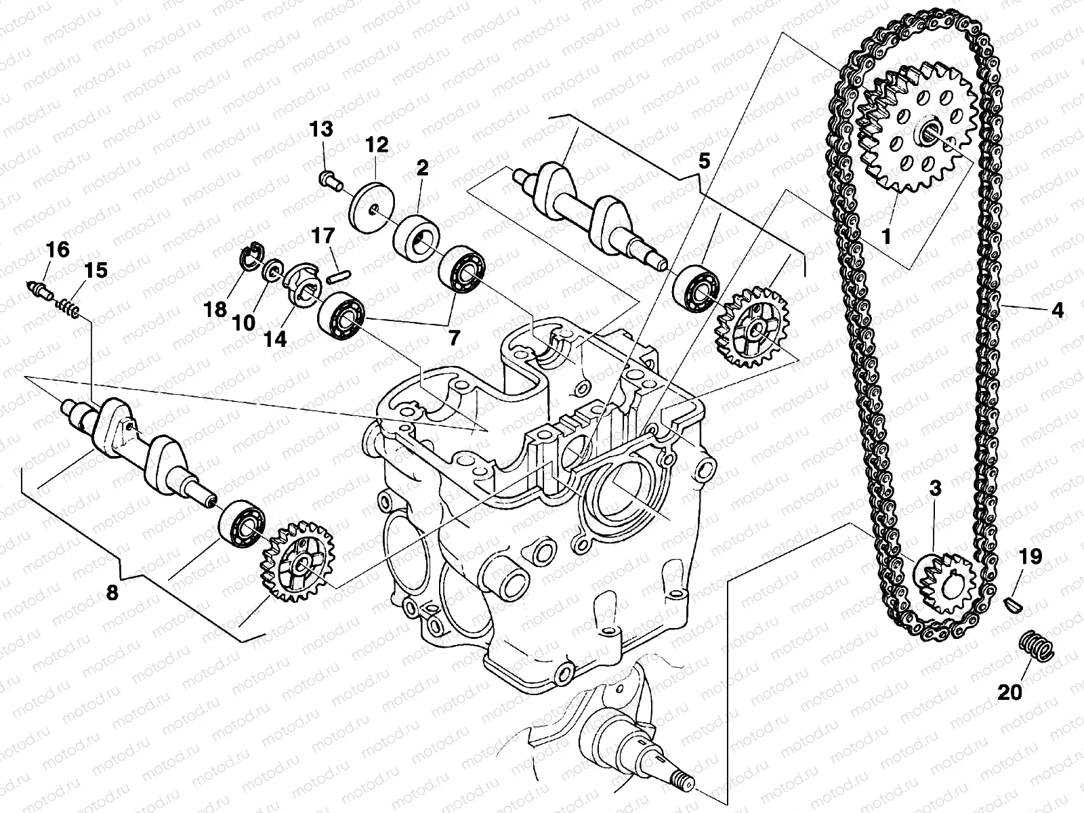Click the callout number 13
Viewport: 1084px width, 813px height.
[322, 129]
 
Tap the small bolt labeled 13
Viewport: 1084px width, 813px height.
[329, 178]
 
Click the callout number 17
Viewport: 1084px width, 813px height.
[323, 236]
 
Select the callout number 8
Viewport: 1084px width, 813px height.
[112, 593]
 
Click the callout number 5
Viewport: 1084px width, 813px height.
[704, 161]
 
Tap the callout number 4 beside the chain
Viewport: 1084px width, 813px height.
[1058, 311]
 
